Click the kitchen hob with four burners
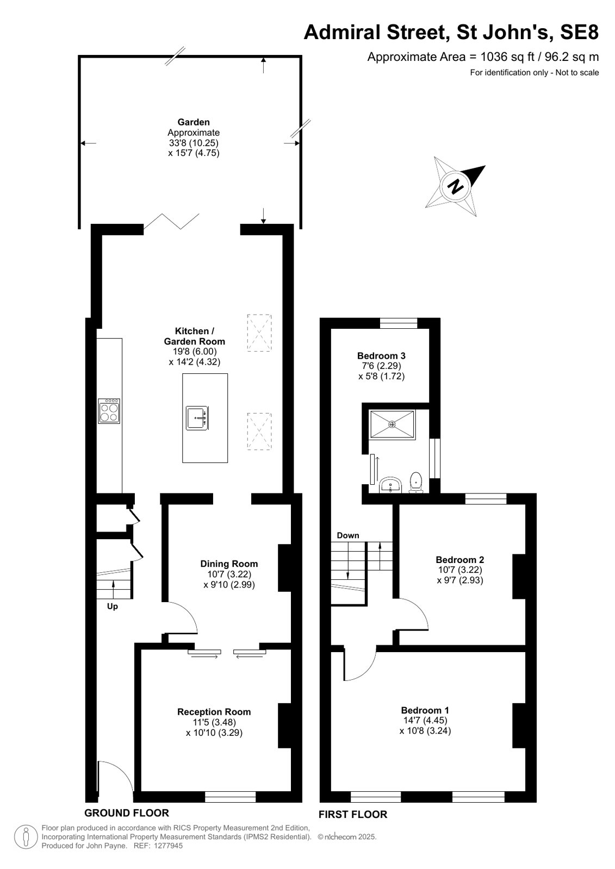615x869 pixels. [x=109, y=411]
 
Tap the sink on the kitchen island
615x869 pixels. [x=197, y=418]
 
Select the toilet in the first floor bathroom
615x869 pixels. [x=416, y=482]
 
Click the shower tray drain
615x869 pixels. [x=393, y=424]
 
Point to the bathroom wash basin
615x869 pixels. [x=390, y=485]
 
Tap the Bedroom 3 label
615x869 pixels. [x=381, y=355]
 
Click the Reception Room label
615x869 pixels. [x=214, y=712]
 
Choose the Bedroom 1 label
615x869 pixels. [x=425, y=710]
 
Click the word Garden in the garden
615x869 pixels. [x=194, y=122]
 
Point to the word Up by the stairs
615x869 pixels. [x=112, y=607]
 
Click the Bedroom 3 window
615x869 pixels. [x=399, y=323]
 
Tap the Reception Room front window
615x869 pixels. [x=230, y=797]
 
